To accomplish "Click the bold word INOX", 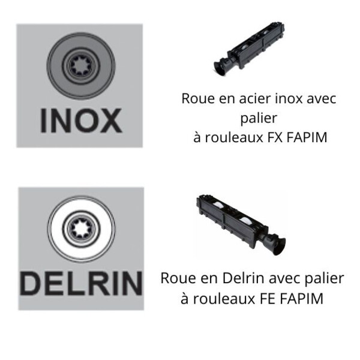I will click(80, 121).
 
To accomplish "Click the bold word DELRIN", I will click(80, 283).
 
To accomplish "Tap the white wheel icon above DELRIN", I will click(80, 229).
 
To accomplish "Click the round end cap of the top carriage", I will click(219, 68).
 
